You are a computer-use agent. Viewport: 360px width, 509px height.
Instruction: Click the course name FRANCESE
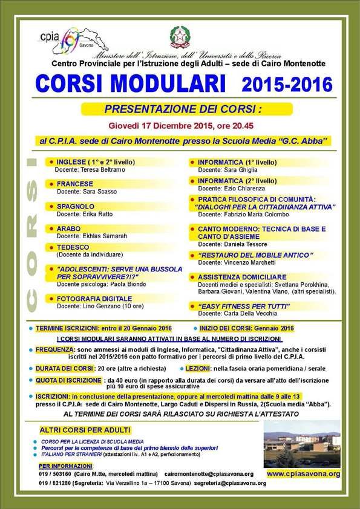click(x=75, y=183)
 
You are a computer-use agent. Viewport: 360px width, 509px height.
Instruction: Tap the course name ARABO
click(x=68, y=229)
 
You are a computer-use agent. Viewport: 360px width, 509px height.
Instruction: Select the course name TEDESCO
click(x=73, y=247)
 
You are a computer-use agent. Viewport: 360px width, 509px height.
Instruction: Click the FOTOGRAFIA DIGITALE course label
click(x=94, y=299)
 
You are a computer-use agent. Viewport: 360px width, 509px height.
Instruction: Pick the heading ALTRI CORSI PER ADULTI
click(x=85, y=430)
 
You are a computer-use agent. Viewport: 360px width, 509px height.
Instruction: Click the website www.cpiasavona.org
click(x=303, y=474)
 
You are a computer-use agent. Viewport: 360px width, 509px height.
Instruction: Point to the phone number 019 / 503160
click(x=56, y=474)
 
